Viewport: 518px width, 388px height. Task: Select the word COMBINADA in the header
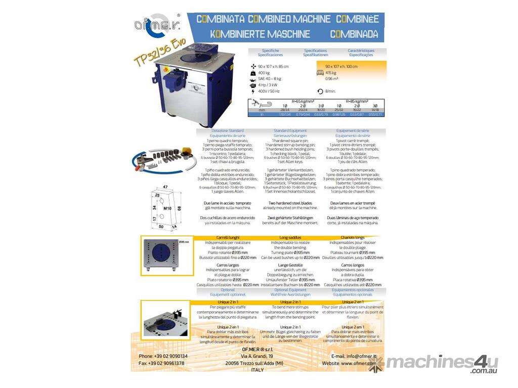[354, 34]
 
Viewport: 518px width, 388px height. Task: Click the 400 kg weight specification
[265, 73]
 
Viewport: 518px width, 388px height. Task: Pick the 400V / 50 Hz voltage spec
[269, 91]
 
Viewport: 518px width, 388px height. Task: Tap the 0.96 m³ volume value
[332, 79]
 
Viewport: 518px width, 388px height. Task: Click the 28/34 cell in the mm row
[285, 110]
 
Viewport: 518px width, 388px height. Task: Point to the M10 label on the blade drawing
[167, 208]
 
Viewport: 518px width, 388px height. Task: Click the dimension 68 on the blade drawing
[179, 208]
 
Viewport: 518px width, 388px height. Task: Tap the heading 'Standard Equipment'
[290, 131]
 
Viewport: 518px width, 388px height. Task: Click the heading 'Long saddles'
[290, 237]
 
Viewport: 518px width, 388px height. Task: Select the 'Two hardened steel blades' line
[290, 203]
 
